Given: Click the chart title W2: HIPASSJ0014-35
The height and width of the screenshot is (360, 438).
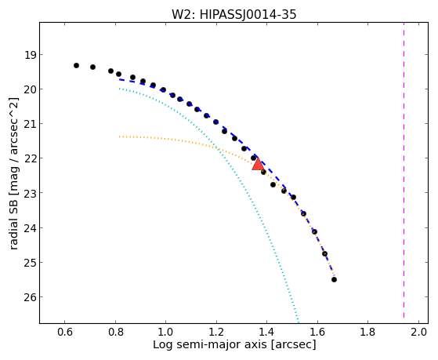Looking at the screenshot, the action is tap(233, 15).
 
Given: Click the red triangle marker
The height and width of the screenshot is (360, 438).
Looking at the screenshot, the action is tap(258, 165).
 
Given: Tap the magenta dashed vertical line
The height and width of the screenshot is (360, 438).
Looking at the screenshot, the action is tap(404, 170).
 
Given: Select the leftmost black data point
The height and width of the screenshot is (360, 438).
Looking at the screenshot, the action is tap(76, 65).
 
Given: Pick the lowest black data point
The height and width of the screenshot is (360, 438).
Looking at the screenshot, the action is tap(334, 279).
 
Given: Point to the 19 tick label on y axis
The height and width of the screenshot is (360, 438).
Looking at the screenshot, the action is tap(31, 55).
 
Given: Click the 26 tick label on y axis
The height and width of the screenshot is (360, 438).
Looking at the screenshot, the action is tap(31, 297).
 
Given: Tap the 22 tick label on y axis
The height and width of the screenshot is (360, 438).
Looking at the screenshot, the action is tap(31, 159).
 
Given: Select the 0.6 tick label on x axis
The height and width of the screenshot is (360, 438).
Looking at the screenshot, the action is tap(65, 332).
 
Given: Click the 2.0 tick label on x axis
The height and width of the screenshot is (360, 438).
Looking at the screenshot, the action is tap(418, 332).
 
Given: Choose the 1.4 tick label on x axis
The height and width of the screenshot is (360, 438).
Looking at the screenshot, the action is tap(266, 332).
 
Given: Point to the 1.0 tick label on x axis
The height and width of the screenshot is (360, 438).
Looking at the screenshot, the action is tap(166, 332).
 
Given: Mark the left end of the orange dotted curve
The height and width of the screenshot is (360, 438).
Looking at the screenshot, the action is tap(119, 136).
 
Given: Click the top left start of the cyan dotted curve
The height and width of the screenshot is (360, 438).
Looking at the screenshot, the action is tap(119, 89).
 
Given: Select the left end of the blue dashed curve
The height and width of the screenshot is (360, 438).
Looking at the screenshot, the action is tap(120, 80).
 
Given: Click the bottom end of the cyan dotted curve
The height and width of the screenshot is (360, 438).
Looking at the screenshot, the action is tap(298, 318).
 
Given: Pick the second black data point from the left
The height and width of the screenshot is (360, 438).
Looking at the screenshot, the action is tap(92, 67).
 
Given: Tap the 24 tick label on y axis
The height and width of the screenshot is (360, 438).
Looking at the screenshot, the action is tap(31, 228).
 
